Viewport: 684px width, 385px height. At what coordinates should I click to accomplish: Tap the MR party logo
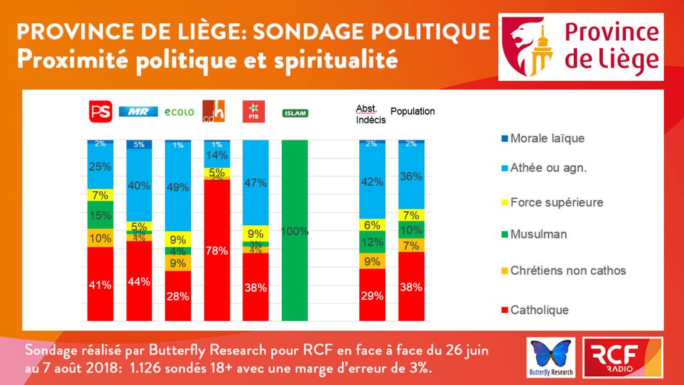click(x=138, y=112)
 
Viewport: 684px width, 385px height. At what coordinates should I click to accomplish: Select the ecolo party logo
click(x=178, y=112)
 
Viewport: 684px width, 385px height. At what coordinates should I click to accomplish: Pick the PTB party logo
click(x=254, y=112)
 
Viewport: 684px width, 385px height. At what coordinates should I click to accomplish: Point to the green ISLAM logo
click(x=295, y=113)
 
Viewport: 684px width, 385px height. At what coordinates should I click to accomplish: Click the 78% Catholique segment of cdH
click(x=216, y=251)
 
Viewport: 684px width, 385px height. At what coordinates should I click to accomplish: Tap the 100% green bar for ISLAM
click(x=295, y=231)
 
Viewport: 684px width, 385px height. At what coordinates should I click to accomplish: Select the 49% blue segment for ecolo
click(x=178, y=187)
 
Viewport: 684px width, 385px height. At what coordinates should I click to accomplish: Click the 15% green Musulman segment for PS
click(x=100, y=215)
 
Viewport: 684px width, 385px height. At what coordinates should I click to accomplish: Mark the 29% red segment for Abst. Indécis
click(x=372, y=295)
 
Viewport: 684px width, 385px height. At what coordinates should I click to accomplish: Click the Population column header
click(x=412, y=112)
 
